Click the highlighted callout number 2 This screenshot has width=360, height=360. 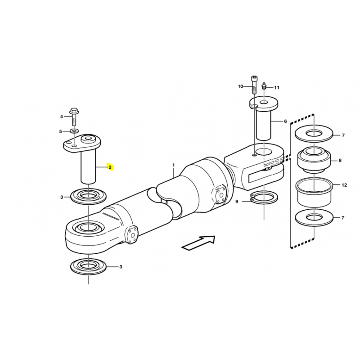[110, 167]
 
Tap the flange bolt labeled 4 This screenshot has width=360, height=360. [74, 117]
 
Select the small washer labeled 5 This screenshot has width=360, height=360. [74, 131]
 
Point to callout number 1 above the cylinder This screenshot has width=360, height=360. [174, 165]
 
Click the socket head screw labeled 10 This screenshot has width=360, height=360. [254, 85]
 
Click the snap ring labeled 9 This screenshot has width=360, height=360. [264, 198]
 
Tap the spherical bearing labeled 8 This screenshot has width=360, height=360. [314, 160]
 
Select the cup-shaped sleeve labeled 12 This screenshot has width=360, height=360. [314, 192]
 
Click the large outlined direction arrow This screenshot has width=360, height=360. [198, 243]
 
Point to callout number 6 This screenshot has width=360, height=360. [285, 121]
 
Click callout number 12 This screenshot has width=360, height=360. [344, 185]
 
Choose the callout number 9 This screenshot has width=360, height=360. [237, 202]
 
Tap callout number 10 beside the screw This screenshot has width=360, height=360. [240, 86]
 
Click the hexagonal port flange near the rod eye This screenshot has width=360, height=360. [131, 234]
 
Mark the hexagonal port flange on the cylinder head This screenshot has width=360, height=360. [220, 194]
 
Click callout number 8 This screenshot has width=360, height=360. [340, 161]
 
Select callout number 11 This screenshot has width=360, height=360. [277, 87]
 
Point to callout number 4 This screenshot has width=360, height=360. [62, 117]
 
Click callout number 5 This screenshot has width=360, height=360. [61, 131]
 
